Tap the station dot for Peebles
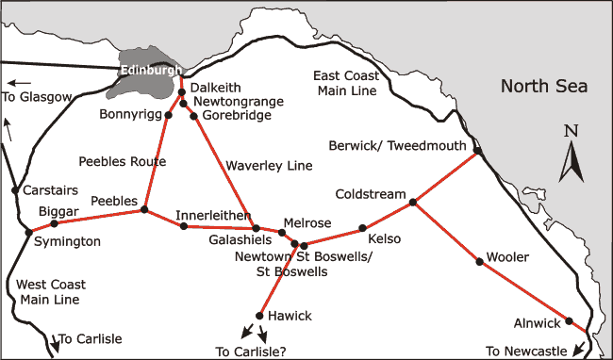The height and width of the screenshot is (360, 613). (144, 210)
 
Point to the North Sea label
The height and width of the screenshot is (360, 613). (543, 87)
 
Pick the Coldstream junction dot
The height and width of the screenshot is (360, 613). (413, 203)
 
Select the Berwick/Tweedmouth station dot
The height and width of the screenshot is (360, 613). (478, 152)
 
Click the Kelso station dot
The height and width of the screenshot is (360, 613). (362, 229)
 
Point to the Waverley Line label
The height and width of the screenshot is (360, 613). (269, 166)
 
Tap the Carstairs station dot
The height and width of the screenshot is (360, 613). (14, 190)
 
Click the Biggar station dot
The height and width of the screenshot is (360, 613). (54, 223)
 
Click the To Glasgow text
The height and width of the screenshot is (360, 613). (37, 97)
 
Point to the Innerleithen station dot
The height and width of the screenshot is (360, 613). (183, 226)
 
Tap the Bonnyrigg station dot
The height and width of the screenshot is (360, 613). (169, 115)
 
